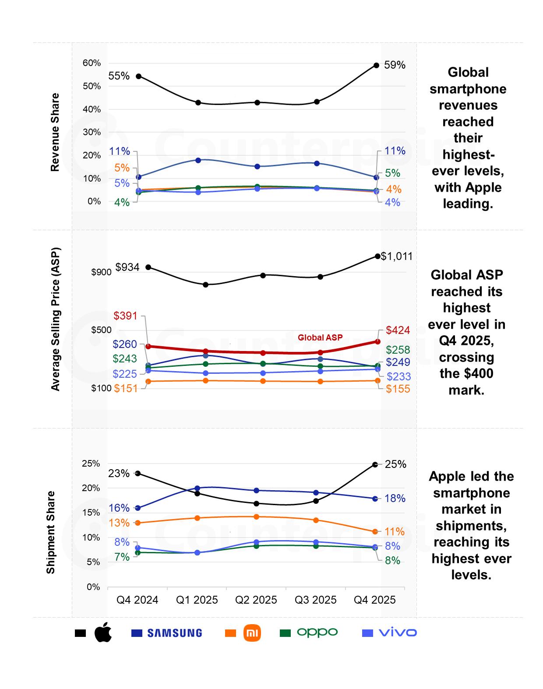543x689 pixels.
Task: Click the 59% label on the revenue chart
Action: tap(395, 65)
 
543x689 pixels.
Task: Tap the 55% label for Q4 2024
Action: tap(119, 76)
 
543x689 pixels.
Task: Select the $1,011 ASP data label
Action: tap(397, 257)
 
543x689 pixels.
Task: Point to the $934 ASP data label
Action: tap(127, 267)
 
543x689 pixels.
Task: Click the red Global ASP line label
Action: tap(320, 337)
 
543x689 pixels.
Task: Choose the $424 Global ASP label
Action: tap(398, 330)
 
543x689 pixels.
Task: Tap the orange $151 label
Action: tap(126, 389)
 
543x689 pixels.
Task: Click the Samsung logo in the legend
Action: tap(174, 633)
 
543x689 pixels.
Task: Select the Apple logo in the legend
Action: tap(103, 633)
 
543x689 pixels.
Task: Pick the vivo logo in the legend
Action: tap(398, 633)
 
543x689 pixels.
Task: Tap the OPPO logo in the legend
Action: tap(317, 632)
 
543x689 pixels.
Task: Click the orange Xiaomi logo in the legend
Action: tap(252, 633)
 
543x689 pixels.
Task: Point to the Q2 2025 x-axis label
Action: tap(256, 600)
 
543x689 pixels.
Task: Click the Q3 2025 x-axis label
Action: tap(315, 600)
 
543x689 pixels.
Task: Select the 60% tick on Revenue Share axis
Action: tap(92, 63)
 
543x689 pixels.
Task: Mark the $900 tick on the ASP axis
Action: tap(101, 272)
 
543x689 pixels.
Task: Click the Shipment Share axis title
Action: tap(51, 532)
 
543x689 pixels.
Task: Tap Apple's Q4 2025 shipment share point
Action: tap(375, 464)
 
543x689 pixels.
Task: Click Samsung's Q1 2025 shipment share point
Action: tap(197, 488)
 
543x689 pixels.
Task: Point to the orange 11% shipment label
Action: tap(395, 532)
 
